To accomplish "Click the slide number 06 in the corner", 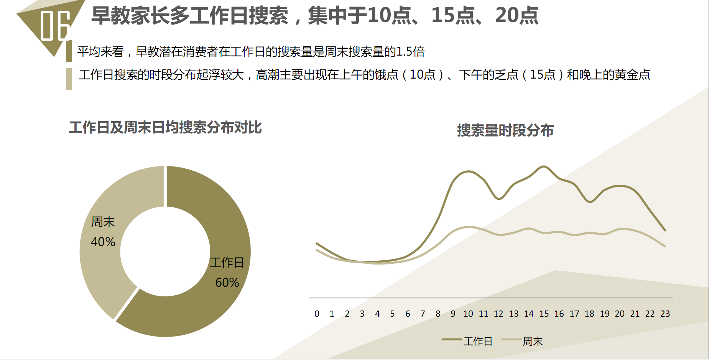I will coord(55,25).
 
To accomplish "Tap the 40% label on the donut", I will coord(103,242).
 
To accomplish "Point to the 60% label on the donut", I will coord(227,283).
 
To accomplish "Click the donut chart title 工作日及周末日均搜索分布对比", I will coord(165,128).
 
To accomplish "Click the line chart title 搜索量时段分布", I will coord(505,130).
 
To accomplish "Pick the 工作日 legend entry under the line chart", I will coord(467,341).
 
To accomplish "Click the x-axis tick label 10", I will coord(468,314).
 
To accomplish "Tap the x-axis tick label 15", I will coord(544,314).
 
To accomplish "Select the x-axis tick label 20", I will coord(620,314).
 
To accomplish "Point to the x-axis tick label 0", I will coord(317,314).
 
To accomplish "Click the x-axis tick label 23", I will coord(665,314).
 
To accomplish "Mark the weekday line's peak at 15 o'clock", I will coord(544,166).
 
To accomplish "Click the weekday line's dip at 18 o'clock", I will coord(590,202).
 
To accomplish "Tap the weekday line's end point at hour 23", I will coord(665,230).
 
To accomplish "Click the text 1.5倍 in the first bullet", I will coord(410,52).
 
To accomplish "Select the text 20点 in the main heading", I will coord(517,16).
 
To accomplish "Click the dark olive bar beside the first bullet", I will coord(69,51).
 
